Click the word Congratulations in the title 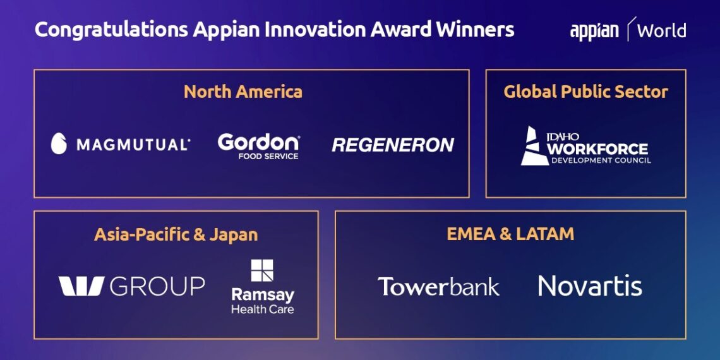(x=110, y=30)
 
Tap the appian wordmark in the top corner (x=594, y=31)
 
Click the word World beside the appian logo (x=661, y=30)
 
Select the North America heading (x=243, y=92)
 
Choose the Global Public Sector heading (x=585, y=92)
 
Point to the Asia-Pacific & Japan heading (x=176, y=235)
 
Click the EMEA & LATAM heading (x=510, y=234)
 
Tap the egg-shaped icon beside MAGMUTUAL (x=59, y=144)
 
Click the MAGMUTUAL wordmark (x=133, y=145)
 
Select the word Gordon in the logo (x=258, y=141)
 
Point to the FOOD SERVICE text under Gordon (x=268, y=156)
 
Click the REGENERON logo (x=393, y=145)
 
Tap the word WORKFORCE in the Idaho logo (x=597, y=149)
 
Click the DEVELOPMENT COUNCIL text (x=601, y=160)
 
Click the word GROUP (x=158, y=286)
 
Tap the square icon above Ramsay (x=262, y=270)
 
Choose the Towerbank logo (x=438, y=286)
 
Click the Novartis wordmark (x=590, y=286)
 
